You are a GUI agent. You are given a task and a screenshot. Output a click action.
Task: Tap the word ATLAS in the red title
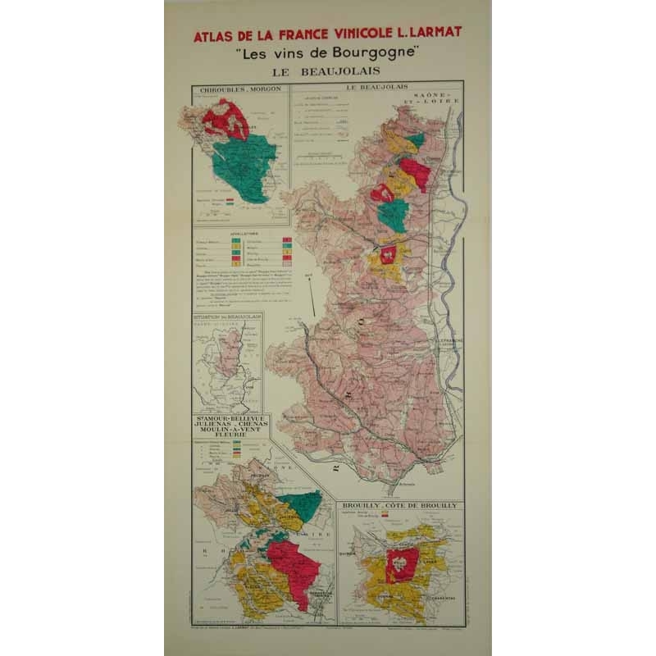coord(216,36)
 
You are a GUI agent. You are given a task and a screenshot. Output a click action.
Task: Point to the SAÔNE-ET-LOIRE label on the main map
coord(437,102)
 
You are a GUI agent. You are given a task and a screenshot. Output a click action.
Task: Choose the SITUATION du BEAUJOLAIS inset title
coord(227,316)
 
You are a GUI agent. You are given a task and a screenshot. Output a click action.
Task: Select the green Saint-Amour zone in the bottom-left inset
coord(300,505)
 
